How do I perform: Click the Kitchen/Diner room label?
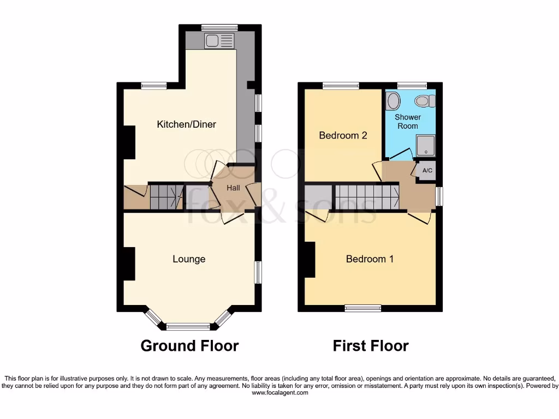click(x=186, y=124)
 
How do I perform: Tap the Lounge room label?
click(x=189, y=259)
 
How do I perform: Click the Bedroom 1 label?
click(x=370, y=259)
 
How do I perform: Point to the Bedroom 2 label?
click(x=343, y=135)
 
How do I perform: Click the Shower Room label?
click(x=407, y=121)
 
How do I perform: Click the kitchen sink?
click(x=219, y=40)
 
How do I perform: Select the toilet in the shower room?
click(x=425, y=100)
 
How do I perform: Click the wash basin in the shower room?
click(x=393, y=101)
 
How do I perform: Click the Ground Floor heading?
click(x=189, y=345)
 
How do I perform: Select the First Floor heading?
click(x=371, y=345)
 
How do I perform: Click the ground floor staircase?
click(x=166, y=196)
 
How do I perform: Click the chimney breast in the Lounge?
click(x=128, y=264)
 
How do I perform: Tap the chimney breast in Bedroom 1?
click(x=310, y=260)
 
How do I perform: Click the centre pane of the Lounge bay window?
click(x=188, y=327)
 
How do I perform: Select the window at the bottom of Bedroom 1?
click(x=363, y=308)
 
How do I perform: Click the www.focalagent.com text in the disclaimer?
click(x=279, y=392)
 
